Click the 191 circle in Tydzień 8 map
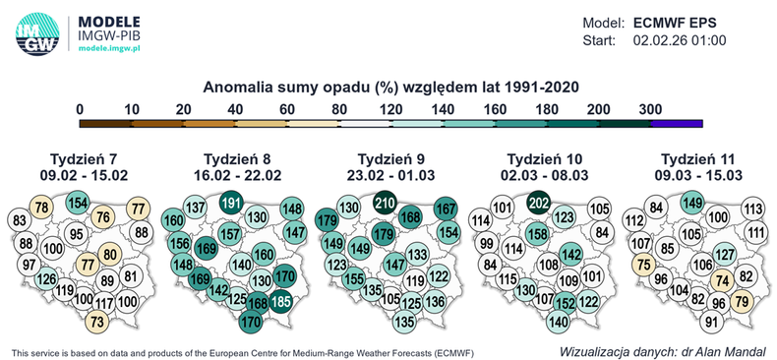click(231, 202)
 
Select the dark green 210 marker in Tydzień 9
click(385, 202)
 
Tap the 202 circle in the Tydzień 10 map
click(538, 202)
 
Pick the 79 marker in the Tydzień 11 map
click(743, 301)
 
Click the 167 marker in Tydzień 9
click(446, 209)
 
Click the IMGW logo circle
click(37, 30)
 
